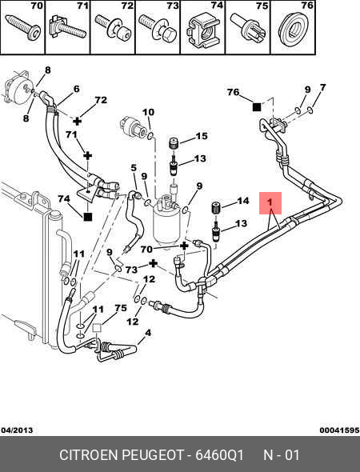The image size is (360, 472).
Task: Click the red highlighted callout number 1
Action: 270,202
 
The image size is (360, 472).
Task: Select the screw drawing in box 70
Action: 23,28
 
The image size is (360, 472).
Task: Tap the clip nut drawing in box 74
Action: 202,30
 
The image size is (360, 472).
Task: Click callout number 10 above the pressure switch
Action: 148,112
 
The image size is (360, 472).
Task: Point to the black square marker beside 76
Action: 257,107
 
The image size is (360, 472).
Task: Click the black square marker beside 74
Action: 87,217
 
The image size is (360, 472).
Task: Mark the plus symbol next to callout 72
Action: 78,121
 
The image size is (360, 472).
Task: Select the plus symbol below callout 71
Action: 87,156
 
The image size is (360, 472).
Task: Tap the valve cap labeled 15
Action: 174,142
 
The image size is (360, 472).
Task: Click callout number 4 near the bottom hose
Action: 148,333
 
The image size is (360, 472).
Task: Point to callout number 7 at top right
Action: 322,87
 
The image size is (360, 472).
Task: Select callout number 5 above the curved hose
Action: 134,168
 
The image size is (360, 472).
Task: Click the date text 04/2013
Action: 17,430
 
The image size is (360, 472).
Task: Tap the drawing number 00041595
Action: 339,430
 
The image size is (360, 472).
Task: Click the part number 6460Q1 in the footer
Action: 219,455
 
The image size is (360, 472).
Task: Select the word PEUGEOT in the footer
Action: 152,455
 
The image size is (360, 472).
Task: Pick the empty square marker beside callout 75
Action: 97,327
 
